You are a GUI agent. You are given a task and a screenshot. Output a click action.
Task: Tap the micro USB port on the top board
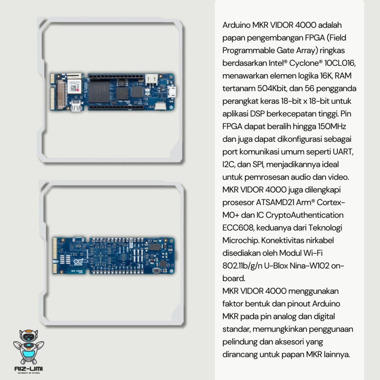[172, 92]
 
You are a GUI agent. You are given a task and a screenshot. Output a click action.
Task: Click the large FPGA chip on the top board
[99, 92]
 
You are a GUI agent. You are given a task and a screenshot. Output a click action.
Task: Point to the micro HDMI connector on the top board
[76, 106]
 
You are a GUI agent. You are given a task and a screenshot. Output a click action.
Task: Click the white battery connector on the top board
[151, 79]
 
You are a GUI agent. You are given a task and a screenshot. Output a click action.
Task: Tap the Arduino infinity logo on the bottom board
[78, 262]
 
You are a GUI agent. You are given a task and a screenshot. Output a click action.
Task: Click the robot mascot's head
[29, 336]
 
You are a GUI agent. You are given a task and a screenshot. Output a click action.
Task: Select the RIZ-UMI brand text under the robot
[29, 369]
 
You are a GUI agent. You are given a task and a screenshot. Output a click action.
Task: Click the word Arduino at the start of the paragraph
[236, 25]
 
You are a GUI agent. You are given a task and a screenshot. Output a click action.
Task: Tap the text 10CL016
[340, 63]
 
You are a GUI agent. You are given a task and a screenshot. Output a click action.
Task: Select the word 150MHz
[331, 126]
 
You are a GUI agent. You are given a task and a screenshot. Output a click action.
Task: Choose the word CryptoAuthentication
[304, 215]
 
